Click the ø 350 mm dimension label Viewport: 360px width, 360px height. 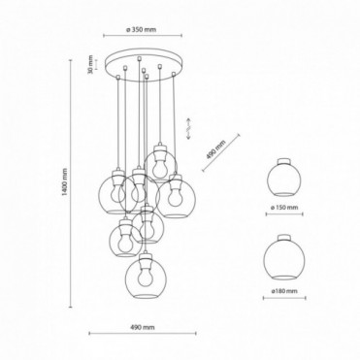point(141,30)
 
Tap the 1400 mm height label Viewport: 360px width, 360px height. point(65,182)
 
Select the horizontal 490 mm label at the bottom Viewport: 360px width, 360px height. point(143,327)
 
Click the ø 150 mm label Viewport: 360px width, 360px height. point(284,208)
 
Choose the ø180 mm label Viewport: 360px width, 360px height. point(284,291)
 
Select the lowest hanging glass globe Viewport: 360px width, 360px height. point(145,277)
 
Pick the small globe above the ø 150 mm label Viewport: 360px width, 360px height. point(284,179)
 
